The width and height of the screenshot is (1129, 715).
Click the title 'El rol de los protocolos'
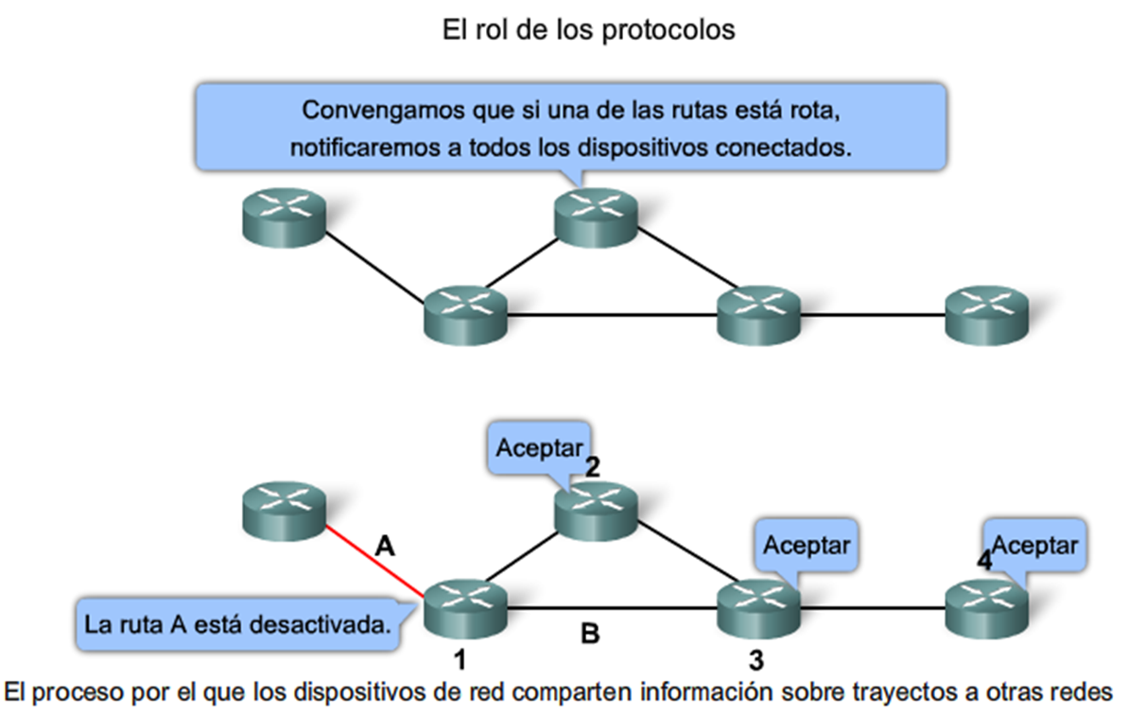click(588, 29)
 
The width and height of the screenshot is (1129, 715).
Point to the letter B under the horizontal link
click(589, 634)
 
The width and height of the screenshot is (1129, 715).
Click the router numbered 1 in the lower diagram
click(464, 608)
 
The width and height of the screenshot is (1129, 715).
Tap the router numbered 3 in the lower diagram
click(758, 608)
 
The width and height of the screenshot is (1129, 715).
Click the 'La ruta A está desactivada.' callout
click(236, 625)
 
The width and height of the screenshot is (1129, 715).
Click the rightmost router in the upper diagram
click(986, 312)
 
